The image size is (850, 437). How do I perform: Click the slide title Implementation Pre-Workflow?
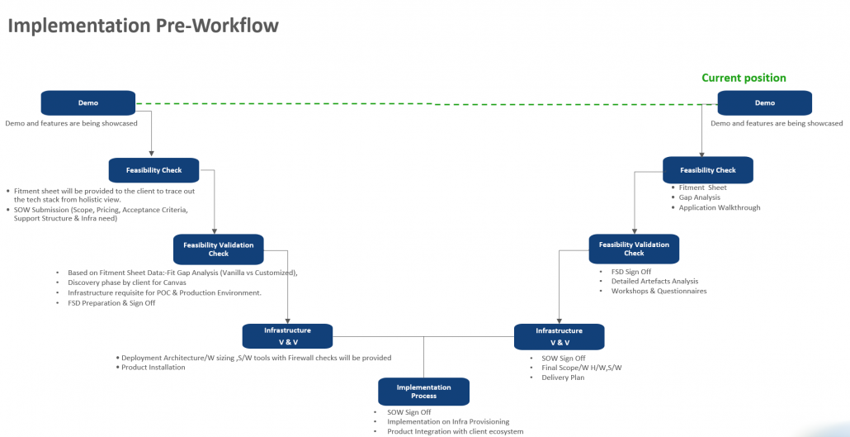tap(143, 26)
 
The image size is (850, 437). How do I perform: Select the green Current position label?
tap(744, 78)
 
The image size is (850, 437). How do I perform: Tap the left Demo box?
tap(88, 103)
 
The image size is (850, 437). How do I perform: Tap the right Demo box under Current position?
tap(765, 103)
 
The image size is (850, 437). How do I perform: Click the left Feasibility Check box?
tap(153, 170)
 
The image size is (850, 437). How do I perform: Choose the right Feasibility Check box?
tap(708, 170)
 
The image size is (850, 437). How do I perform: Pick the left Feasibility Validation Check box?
tap(219, 249)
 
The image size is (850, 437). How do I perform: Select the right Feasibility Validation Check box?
tap(634, 249)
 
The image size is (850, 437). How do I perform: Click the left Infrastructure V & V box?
tap(287, 336)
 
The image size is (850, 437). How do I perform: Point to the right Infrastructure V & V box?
tap(559, 336)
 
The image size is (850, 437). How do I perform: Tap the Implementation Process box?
tap(423, 392)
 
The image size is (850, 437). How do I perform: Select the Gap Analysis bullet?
tap(699, 197)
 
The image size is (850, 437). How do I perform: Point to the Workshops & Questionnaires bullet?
tap(659, 291)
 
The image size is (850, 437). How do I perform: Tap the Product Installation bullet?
tap(153, 368)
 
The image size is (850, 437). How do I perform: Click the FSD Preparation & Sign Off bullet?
tap(111, 303)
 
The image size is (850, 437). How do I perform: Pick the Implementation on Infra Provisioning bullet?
tap(448, 421)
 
